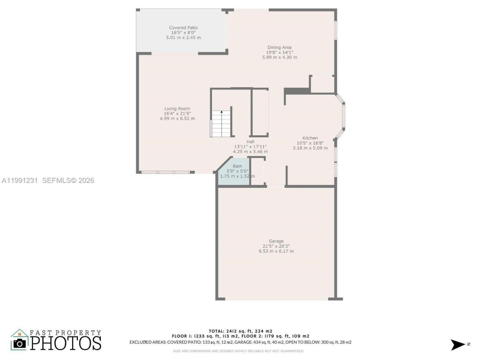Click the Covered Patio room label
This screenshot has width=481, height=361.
point(183,28)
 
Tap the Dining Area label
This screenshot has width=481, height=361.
point(279,48)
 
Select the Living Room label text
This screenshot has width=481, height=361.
point(177,109)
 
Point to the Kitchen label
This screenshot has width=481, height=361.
point(310,138)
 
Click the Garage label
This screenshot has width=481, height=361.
point(276,241)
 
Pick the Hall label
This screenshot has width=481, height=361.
point(250,142)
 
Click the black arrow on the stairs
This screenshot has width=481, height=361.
point(222,112)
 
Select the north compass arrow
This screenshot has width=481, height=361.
point(458,344)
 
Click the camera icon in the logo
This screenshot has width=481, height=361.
point(20,343)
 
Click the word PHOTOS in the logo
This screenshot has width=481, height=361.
point(66,343)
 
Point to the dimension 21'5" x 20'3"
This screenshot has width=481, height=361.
point(276,246)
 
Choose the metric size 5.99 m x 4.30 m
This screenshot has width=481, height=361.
point(280,58)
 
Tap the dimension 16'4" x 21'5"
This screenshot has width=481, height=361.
point(177,114)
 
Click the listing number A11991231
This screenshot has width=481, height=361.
point(20,180)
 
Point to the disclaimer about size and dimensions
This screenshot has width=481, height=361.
point(238,351)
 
